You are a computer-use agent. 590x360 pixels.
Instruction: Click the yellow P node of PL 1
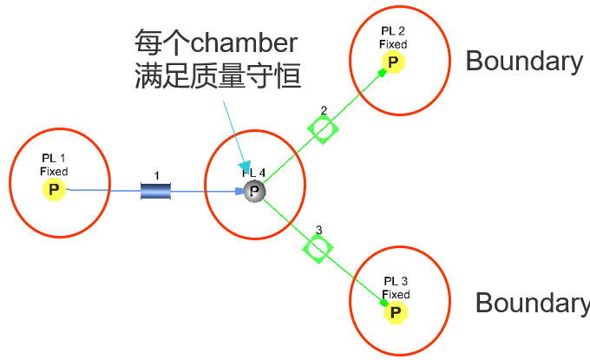tap(55, 189)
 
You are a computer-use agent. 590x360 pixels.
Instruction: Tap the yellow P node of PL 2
tap(392, 62)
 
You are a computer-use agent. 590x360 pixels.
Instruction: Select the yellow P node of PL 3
tap(395, 311)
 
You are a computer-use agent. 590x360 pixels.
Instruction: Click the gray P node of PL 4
tap(254, 192)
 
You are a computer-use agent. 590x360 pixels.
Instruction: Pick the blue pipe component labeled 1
tap(157, 190)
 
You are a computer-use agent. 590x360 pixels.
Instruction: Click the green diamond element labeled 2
tap(323, 129)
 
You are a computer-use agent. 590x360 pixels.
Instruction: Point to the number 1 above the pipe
tap(157, 176)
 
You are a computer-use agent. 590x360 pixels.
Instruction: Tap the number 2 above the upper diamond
tap(324, 111)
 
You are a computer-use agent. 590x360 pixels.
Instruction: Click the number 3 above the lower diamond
tap(318, 230)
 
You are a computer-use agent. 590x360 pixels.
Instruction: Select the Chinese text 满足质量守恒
tap(218, 77)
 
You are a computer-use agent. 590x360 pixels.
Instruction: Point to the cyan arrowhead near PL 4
tap(245, 167)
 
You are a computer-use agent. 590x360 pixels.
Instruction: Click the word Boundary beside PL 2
tap(524, 61)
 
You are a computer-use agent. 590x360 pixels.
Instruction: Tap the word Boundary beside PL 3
tap(532, 303)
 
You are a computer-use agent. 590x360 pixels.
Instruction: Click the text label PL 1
tap(54, 159)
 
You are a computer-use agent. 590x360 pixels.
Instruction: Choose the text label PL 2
tap(393, 32)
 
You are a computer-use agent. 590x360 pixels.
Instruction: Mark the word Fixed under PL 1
tap(54, 171)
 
